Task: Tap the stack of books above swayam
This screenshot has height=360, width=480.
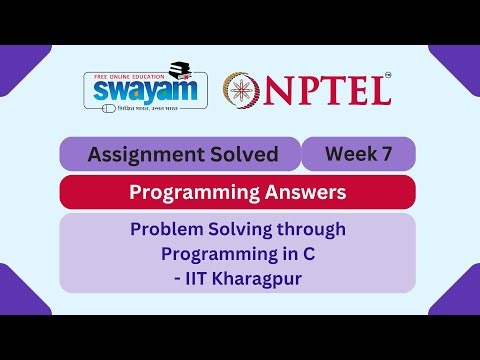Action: [181, 69]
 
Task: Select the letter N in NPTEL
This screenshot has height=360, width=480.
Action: [289, 91]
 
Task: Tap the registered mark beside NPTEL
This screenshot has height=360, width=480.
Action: [388, 75]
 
